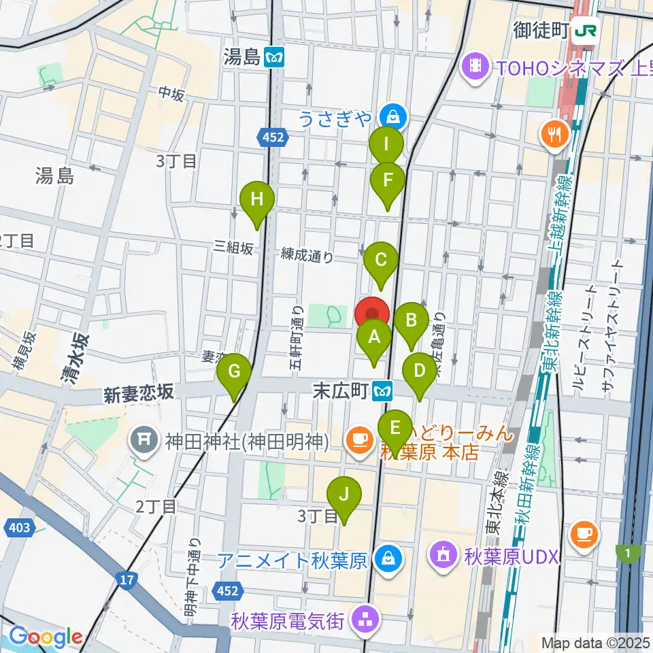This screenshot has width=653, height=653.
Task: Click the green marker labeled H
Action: click(x=257, y=200)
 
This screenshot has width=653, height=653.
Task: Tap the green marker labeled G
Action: click(x=234, y=371)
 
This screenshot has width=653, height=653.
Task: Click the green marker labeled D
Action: click(x=420, y=371)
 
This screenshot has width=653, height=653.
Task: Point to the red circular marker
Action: click(x=372, y=315)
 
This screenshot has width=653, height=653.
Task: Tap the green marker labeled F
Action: click(x=388, y=181)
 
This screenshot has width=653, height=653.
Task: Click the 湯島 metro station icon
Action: click(x=275, y=58)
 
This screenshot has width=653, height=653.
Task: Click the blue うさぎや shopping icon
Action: click(x=392, y=114)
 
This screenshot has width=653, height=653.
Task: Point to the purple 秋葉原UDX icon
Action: click(x=443, y=556)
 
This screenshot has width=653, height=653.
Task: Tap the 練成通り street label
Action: click(x=307, y=256)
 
